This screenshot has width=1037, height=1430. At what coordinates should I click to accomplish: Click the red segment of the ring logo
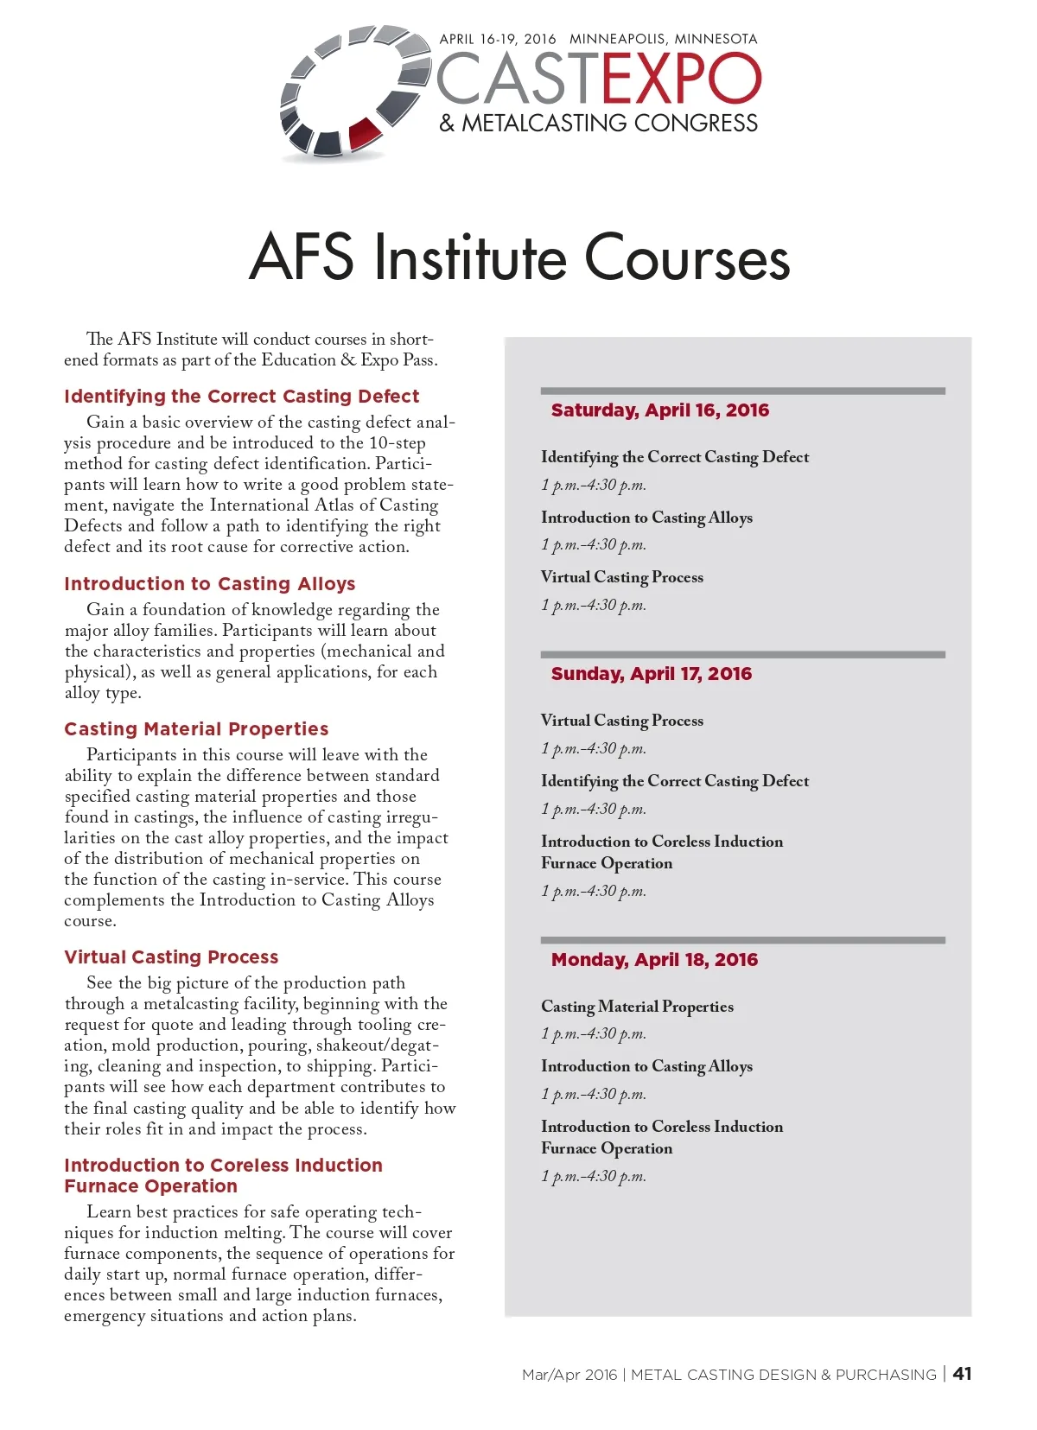364,134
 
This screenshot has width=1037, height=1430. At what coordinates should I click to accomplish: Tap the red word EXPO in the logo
682,79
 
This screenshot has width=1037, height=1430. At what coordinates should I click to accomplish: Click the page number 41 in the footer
962,1374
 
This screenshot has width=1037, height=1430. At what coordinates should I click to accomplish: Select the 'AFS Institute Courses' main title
519,257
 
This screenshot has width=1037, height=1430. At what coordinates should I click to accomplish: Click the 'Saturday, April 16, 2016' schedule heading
659,410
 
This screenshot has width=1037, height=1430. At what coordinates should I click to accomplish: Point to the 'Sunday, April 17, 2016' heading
651,674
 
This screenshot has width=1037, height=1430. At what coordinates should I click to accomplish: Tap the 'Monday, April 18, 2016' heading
654,960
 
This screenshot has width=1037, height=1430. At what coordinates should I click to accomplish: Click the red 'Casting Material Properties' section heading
196,729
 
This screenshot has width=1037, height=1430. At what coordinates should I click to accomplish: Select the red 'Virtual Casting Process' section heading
171,957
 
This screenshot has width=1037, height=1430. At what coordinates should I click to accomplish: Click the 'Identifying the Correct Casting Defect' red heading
241,397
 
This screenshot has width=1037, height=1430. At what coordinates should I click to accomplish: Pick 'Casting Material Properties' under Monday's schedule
637,1007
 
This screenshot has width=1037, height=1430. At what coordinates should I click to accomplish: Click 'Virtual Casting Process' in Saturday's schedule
621,577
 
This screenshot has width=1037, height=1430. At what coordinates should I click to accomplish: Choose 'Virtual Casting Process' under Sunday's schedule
621,721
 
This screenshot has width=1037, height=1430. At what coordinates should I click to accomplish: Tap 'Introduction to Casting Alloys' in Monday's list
646,1066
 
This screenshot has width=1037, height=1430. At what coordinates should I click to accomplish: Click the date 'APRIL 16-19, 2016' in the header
497,39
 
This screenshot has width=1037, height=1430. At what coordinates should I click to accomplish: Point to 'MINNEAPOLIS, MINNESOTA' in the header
663,39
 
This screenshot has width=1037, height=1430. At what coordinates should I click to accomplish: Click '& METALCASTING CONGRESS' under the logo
598,123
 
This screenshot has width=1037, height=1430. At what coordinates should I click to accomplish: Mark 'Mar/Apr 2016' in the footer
569,1375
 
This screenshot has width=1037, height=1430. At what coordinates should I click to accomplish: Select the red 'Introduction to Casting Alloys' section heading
209,584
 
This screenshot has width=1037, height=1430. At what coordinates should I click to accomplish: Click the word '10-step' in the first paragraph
398,443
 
